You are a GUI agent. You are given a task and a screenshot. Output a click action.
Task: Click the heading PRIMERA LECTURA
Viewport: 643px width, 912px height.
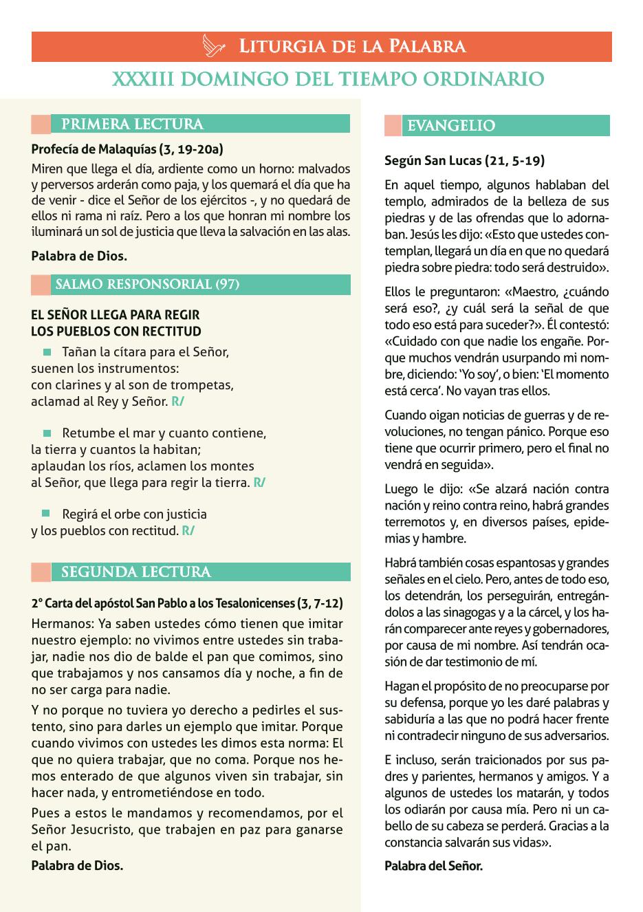pyautogui.click(x=132, y=124)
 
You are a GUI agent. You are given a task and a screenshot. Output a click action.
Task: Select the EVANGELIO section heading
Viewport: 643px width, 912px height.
pyautogui.click(x=451, y=126)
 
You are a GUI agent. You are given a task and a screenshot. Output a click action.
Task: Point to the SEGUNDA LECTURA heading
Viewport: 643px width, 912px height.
pyautogui.click(x=136, y=572)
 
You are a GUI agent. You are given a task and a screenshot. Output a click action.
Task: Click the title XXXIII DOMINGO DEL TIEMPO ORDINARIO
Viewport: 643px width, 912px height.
pyautogui.click(x=329, y=79)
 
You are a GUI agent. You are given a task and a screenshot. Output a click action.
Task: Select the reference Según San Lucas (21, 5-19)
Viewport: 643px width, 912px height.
pyautogui.click(x=464, y=161)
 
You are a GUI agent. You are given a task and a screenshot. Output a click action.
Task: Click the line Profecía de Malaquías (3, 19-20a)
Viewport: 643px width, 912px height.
pyautogui.click(x=127, y=149)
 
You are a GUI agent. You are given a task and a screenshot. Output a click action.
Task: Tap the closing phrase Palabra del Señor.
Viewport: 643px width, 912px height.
pyautogui.click(x=433, y=865)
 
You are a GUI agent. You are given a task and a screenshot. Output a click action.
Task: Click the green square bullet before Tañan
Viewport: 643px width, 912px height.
pyautogui.click(x=47, y=352)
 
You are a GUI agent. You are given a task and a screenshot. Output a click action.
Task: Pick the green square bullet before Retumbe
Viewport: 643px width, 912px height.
pyautogui.click(x=47, y=433)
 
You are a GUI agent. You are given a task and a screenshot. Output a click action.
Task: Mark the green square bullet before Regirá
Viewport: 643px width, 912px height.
pyautogui.click(x=47, y=514)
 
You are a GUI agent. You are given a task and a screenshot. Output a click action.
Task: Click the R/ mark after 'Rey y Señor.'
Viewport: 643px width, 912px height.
pyautogui.click(x=177, y=402)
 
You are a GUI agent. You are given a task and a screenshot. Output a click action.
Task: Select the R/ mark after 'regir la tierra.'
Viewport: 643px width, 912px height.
pyautogui.click(x=259, y=483)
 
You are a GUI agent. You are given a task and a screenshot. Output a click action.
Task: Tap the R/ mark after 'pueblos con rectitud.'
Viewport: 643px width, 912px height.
pyautogui.click(x=188, y=531)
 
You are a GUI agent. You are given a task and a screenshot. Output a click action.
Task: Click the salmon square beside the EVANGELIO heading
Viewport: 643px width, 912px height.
pyautogui.click(x=393, y=126)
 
